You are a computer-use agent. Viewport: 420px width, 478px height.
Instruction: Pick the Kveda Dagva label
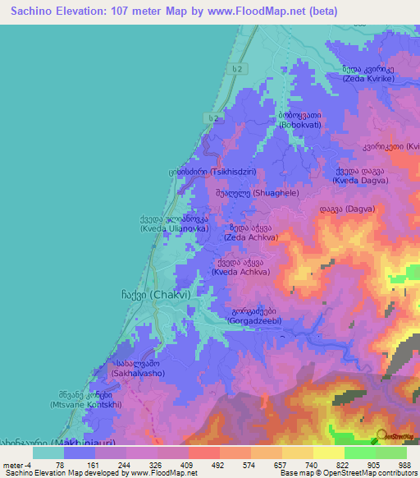click(361, 178)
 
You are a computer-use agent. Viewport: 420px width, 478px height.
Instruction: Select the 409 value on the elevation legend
click(188, 465)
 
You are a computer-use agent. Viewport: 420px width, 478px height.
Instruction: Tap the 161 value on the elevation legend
click(96, 465)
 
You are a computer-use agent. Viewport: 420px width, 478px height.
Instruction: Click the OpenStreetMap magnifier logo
click(381, 435)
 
